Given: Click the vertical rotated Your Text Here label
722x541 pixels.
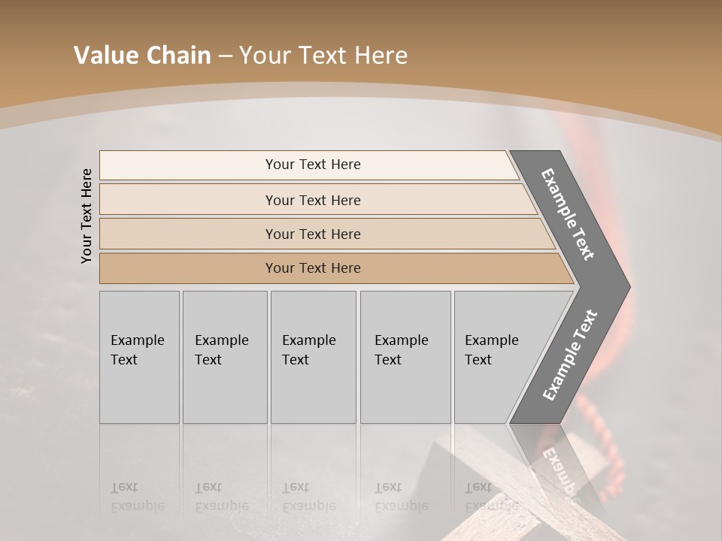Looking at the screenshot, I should click(86, 216).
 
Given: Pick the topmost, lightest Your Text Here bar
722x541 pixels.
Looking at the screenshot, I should click(312, 165).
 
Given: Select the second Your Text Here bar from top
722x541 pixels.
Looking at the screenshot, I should click(312, 200).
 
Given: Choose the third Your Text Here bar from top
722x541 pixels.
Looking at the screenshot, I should click(312, 234).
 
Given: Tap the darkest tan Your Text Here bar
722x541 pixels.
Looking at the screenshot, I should click(312, 268).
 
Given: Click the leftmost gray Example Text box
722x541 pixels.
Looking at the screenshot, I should click(139, 357).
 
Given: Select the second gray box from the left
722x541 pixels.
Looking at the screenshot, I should click(225, 357).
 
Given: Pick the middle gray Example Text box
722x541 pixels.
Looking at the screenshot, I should click(313, 357).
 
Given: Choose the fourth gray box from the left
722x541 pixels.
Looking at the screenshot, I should click(405, 357).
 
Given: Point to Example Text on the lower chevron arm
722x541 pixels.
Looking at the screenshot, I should click(569, 355).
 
